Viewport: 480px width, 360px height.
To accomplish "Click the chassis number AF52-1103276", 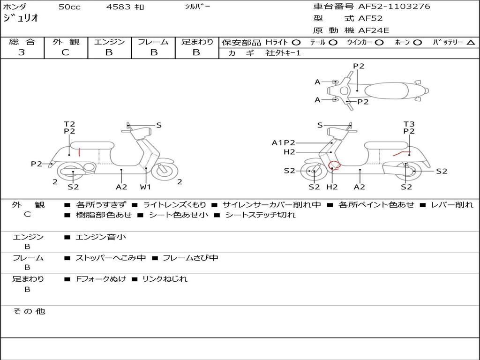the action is [394, 6].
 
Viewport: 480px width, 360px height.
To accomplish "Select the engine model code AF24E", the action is [374, 30].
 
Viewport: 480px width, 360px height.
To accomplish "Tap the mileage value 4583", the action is [118, 7].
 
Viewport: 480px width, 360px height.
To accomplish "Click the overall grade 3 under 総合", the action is [22, 52].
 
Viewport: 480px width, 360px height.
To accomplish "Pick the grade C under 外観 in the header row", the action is [65, 52].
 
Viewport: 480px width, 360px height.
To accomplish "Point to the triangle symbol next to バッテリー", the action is [471, 43].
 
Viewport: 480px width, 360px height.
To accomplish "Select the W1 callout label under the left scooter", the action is [145, 187].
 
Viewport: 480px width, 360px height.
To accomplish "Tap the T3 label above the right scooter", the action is [409, 124].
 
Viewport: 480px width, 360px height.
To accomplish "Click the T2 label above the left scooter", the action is [69, 124].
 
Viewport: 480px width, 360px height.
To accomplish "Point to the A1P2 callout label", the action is [284, 142].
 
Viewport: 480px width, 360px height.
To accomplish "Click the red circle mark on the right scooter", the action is [334, 165].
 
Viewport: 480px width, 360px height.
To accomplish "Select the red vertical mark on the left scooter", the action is [79, 152].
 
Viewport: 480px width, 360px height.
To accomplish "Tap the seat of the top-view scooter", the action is [386, 90].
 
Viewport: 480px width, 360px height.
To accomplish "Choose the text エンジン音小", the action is [101, 237].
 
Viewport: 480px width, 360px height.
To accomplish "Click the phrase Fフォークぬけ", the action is [101, 279].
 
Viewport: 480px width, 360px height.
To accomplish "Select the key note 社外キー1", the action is [283, 53].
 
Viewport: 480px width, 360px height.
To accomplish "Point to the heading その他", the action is [29, 311].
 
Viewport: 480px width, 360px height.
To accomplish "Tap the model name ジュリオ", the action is [21, 18].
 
